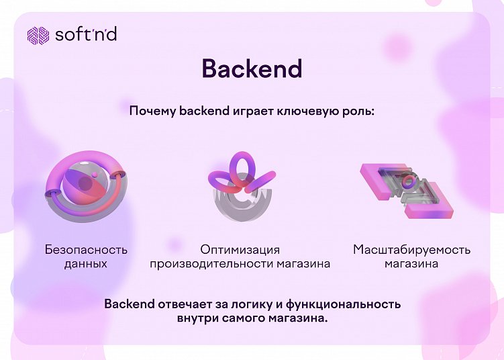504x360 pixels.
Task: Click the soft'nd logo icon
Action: [38, 35]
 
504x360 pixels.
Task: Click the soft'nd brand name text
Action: [86, 34]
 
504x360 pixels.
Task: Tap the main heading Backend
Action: [252, 69]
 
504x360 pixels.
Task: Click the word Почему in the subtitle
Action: [152, 111]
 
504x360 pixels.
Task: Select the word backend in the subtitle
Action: [204, 111]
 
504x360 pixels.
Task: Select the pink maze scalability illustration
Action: [403, 190]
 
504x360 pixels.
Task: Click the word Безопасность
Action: [86, 250]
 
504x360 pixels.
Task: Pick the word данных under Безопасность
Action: [86, 264]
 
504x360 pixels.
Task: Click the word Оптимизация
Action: [240, 250]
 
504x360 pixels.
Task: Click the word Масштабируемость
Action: [411, 250]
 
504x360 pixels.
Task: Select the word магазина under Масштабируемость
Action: [411, 264]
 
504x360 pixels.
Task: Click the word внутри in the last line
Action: [197, 318]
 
